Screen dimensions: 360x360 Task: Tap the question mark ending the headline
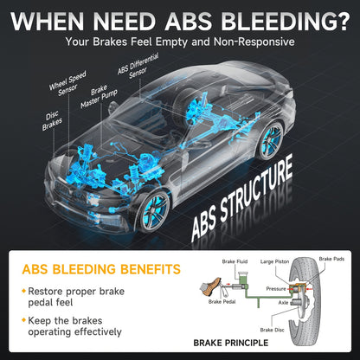[x=343, y=21]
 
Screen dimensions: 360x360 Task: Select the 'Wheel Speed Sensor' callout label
[x=67, y=84]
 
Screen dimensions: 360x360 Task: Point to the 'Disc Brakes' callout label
[x=52, y=121]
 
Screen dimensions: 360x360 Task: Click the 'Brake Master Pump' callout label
[x=99, y=97]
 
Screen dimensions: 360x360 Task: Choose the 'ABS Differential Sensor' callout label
[x=138, y=66]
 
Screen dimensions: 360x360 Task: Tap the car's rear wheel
[x=271, y=140]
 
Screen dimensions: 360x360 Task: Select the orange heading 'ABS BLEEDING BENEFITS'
[x=101, y=269]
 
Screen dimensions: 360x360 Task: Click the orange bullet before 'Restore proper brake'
[x=24, y=291]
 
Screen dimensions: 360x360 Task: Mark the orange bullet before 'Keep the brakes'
[x=24, y=320]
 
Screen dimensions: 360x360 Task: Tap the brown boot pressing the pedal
[x=211, y=286]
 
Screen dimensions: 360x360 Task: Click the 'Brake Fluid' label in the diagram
[x=235, y=261]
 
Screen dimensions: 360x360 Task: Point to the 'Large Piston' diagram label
[x=274, y=261]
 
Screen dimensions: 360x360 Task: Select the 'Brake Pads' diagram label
[x=331, y=259]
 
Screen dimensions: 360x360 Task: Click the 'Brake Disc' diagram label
[x=272, y=330]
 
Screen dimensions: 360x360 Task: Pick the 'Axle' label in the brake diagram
[x=283, y=303]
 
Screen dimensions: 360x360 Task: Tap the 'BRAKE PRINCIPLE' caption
[x=231, y=343]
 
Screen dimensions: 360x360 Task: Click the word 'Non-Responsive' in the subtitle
[x=254, y=42]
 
